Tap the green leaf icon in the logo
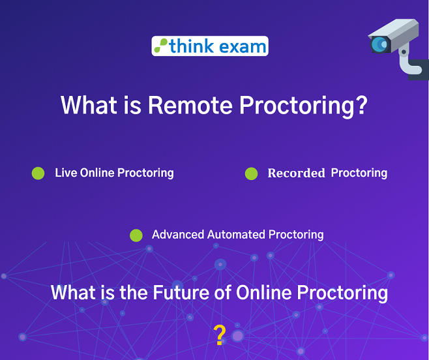point(160,46)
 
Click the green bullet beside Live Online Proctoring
point(38,173)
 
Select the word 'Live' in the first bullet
point(65,173)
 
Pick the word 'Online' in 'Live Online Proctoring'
point(98,173)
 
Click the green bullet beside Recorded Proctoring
point(251,173)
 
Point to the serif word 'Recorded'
point(296,173)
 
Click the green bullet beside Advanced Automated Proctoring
point(136,235)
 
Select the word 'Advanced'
point(178,235)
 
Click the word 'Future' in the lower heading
point(181,292)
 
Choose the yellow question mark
point(220,335)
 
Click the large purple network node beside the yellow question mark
point(238,336)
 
